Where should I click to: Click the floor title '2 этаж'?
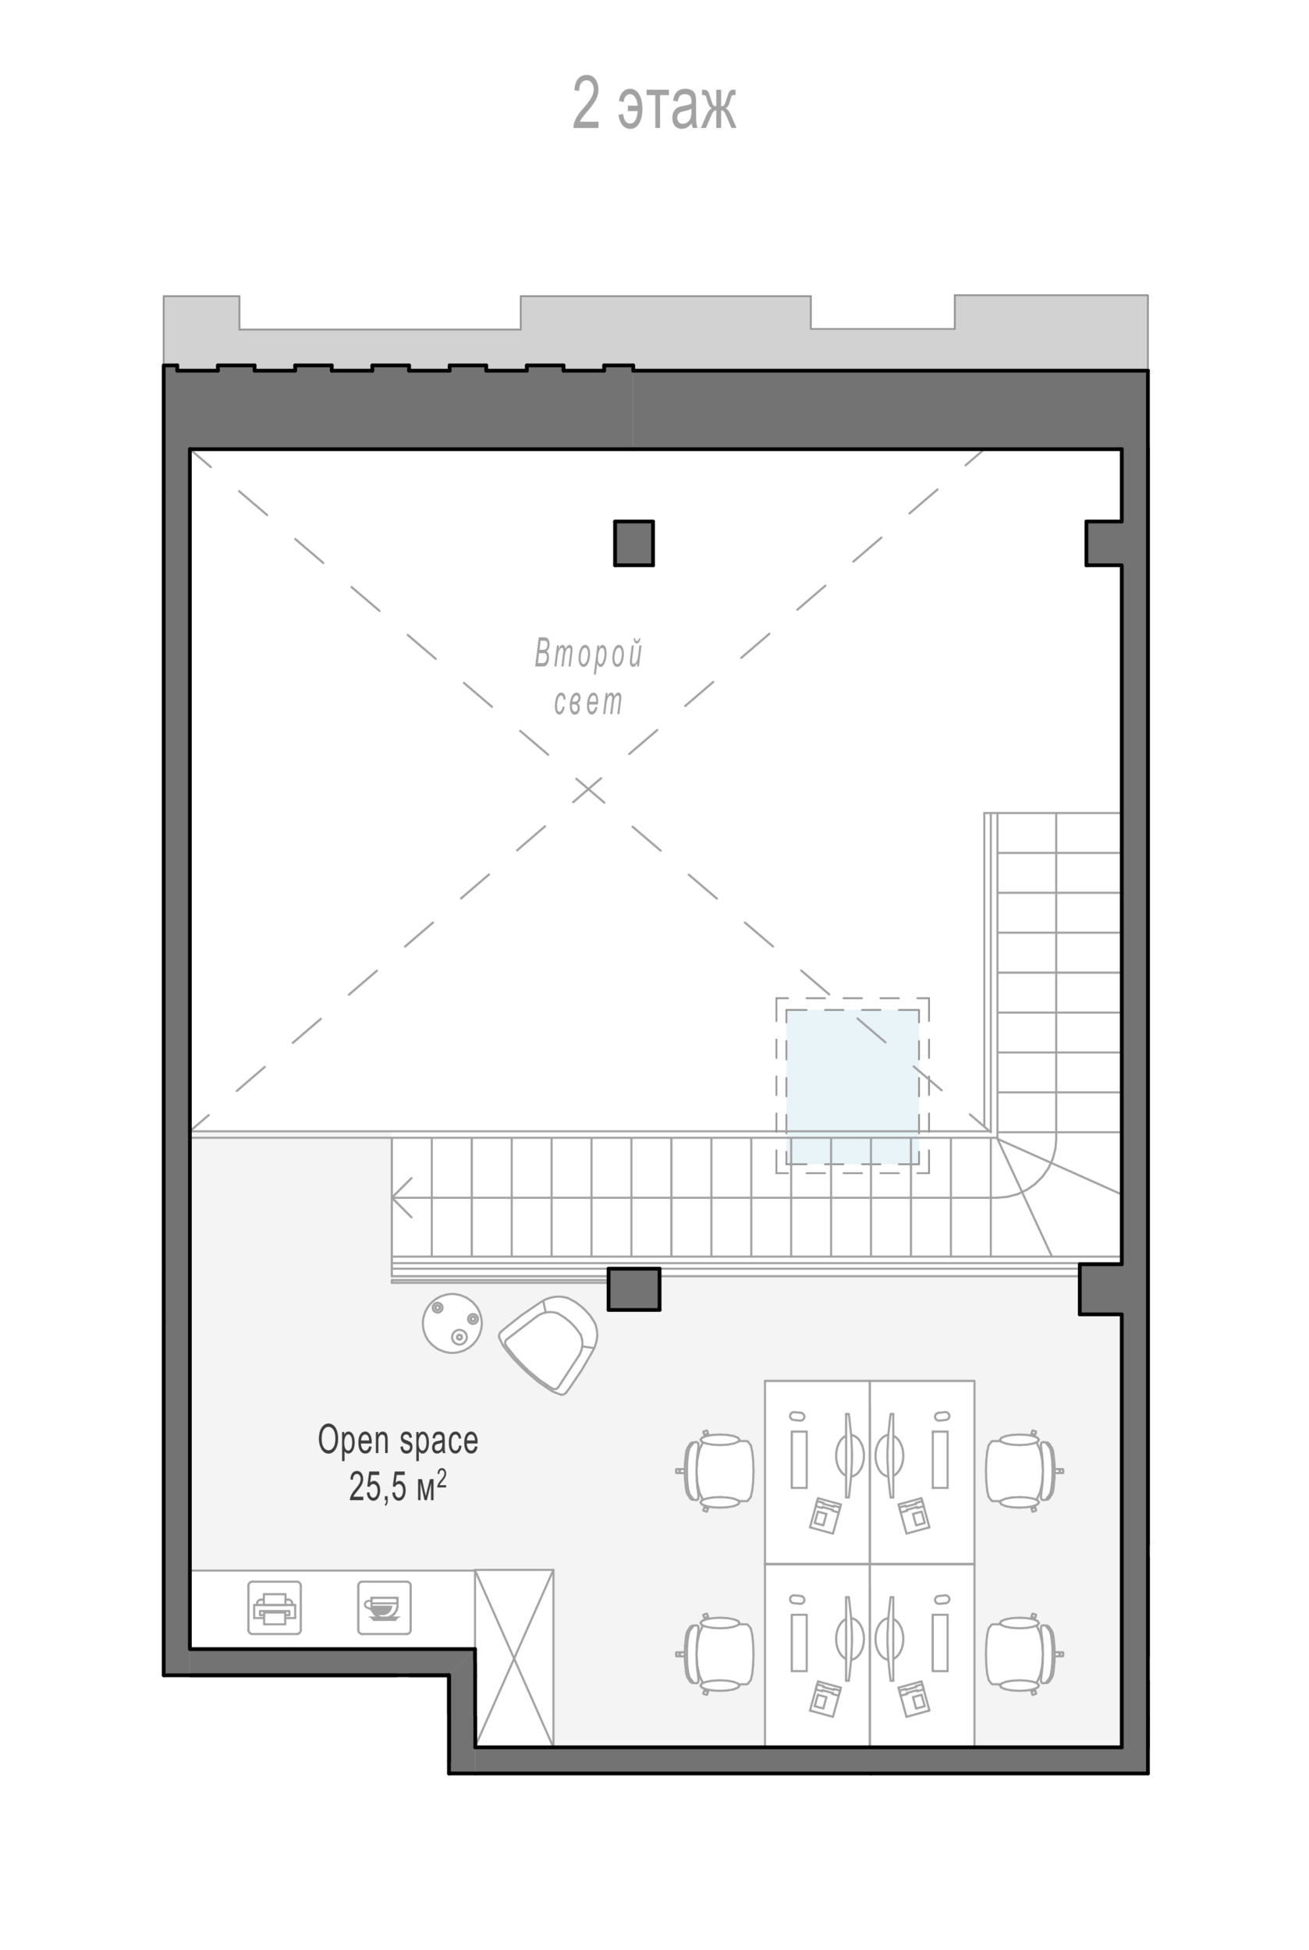pos(654,103)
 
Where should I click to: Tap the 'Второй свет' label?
pos(588,677)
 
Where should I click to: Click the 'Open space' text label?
pos(397,1440)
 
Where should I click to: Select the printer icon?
pos(275,1607)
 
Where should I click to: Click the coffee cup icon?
pos(384,1607)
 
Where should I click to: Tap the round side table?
pos(452,1323)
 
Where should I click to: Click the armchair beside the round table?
pos(548,1345)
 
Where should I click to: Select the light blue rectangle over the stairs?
pos(853,1086)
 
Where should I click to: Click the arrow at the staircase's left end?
pos(402,1197)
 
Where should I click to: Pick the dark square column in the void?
pos(633,543)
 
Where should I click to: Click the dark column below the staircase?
pos(633,1289)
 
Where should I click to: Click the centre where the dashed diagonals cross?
pos(587,789)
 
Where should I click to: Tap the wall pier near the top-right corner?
pos(1104,543)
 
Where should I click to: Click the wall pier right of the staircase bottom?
pos(1100,1289)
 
